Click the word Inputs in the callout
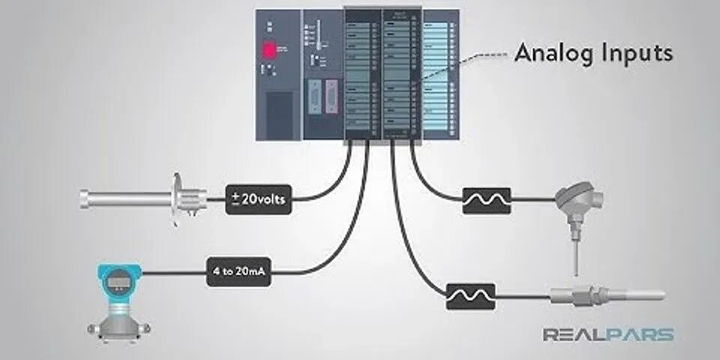(x=637, y=54)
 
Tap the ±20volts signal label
(x=259, y=199)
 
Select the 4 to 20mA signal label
(x=239, y=271)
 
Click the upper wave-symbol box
(x=487, y=200)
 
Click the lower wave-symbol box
(x=470, y=296)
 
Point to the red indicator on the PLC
(x=268, y=50)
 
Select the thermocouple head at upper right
(x=578, y=199)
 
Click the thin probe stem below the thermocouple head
(x=576, y=251)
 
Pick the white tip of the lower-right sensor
(x=637, y=295)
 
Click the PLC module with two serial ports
(x=322, y=75)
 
